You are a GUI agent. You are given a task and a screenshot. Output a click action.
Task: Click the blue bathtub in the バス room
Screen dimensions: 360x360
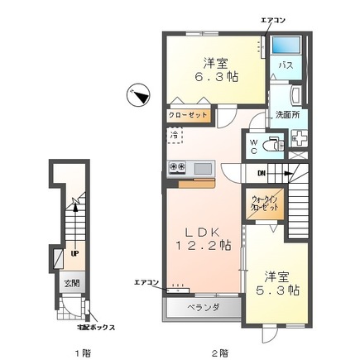point(286,46)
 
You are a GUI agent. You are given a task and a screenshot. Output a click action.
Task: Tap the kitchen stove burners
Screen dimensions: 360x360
point(178,167)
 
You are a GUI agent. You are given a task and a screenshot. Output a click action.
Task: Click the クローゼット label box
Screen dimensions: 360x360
point(188,115)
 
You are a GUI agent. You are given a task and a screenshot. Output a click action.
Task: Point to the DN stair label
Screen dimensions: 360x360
point(261,173)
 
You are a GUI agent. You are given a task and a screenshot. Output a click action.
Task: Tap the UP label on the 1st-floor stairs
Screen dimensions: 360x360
point(75,254)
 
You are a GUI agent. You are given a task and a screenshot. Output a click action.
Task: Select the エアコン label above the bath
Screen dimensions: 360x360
point(274,18)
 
